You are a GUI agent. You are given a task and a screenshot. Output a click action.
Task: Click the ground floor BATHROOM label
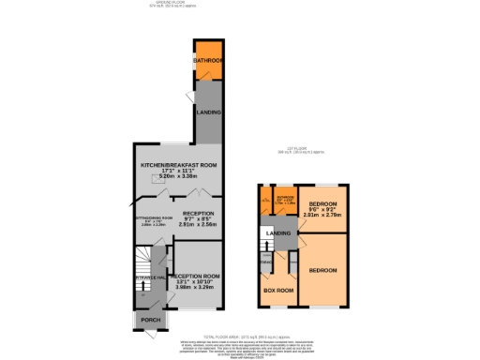coord(208,62)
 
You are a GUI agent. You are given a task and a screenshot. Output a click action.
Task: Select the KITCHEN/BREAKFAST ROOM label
coord(178,165)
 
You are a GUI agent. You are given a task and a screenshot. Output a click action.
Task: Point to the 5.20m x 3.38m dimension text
coord(178,175)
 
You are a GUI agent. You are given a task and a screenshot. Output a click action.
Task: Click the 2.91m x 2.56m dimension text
coord(199,225)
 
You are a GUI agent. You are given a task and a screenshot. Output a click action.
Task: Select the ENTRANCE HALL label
coord(150,278)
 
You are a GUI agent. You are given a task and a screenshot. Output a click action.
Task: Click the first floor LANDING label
coord(278,232)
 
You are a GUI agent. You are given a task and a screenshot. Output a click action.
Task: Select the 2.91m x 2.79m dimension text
coord(324,215)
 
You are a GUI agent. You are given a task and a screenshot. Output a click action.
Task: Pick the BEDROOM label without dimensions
coord(324,270)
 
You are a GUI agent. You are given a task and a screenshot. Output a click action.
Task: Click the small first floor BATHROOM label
coord(285,198)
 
